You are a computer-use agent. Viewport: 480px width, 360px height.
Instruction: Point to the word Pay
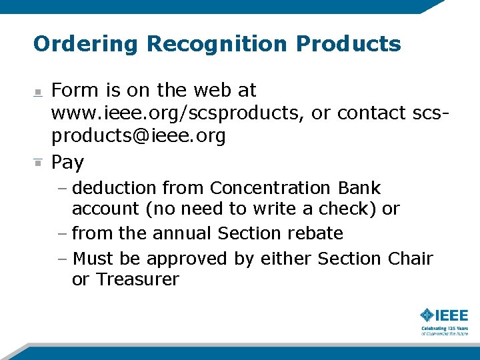pyautogui.click(x=68, y=162)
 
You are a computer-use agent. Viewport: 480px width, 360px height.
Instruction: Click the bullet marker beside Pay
pyautogui.click(x=38, y=162)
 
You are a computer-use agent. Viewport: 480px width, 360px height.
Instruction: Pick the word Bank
pyautogui.click(x=359, y=188)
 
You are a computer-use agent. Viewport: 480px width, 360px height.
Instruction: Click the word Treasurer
pyautogui.click(x=137, y=279)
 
